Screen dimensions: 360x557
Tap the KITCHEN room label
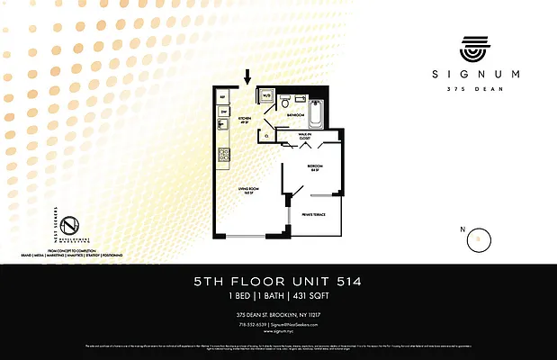[x=243, y=117]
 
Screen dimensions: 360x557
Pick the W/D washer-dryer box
[x=267, y=94]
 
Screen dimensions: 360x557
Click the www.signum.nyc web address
[x=278, y=330]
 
